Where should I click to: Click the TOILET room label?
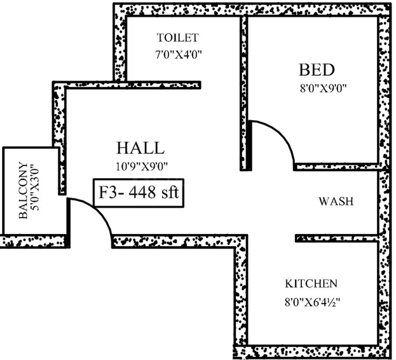[177, 38]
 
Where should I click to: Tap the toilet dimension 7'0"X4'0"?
[179, 54]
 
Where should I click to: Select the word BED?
[317, 70]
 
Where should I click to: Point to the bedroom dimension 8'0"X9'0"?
[323, 88]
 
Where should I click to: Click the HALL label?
[140, 148]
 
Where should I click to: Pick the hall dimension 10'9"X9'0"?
[142, 167]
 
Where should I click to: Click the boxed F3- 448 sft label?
[139, 193]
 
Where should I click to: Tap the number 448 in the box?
[142, 193]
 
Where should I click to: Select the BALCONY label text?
[24, 190]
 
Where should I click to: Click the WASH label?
[336, 202]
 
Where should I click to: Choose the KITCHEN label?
[311, 284]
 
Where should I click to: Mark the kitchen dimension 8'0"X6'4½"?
[313, 302]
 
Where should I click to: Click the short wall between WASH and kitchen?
[337, 238]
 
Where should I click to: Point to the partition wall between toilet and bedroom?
[243, 93]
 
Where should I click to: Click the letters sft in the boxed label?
[170, 193]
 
